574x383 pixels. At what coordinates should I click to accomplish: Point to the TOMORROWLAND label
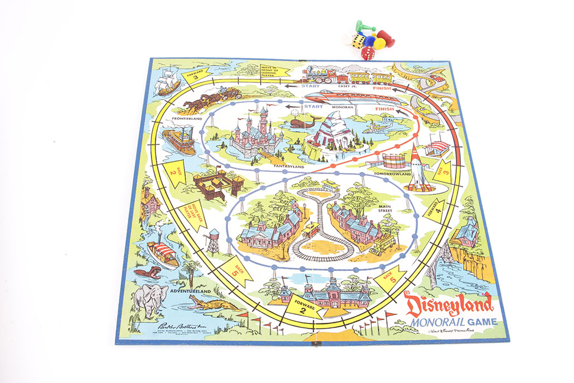coord(392,174)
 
